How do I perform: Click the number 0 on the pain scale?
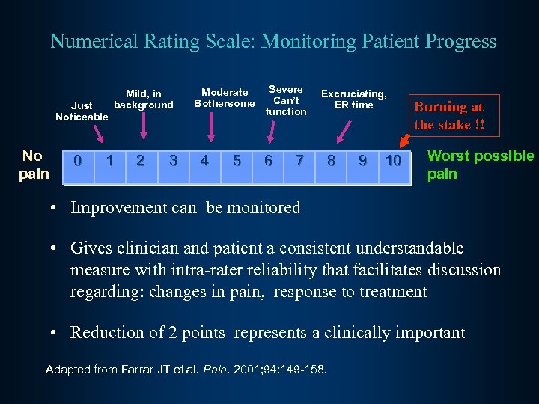[x=78, y=161]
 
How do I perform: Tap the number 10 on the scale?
[x=394, y=161]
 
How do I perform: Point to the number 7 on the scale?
[x=299, y=161]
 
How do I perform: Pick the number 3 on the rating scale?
[x=174, y=161]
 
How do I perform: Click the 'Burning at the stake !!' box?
[x=449, y=116]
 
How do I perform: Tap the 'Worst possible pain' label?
[x=480, y=165]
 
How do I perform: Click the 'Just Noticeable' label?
[x=82, y=111]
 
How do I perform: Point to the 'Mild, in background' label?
[x=144, y=100]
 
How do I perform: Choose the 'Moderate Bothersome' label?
[x=225, y=98]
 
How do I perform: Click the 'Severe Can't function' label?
[x=286, y=100]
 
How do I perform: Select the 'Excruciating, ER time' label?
[x=353, y=99]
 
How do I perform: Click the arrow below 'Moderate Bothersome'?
[x=212, y=126]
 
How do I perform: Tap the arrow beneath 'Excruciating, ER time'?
[x=344, y=132]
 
